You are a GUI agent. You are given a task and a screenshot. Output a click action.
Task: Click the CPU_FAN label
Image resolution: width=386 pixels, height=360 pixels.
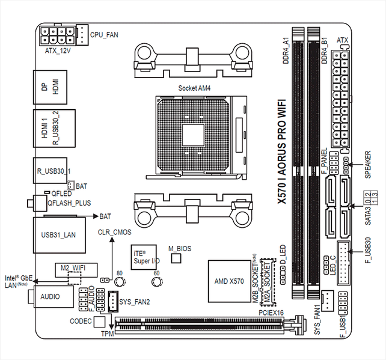click(104, 35)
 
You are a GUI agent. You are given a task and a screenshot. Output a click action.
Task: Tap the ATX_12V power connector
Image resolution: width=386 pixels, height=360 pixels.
click(58, 35)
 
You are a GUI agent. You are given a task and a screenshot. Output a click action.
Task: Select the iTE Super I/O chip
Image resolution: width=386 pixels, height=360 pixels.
click(143, 255)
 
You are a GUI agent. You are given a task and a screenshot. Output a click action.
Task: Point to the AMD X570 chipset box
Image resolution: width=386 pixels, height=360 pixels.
click(229, 281)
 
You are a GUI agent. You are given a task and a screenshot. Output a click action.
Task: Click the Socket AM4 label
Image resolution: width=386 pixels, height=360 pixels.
click(194, 87)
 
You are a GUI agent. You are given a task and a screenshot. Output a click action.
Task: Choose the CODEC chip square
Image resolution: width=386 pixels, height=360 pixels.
click(100, 322)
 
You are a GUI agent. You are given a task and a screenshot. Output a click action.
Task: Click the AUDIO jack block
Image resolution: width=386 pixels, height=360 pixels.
click(51, 296)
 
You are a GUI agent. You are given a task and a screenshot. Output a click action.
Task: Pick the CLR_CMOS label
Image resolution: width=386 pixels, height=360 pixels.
click(114, 231)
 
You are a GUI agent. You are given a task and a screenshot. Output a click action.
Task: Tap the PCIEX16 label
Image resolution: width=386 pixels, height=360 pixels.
click(271, 313)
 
